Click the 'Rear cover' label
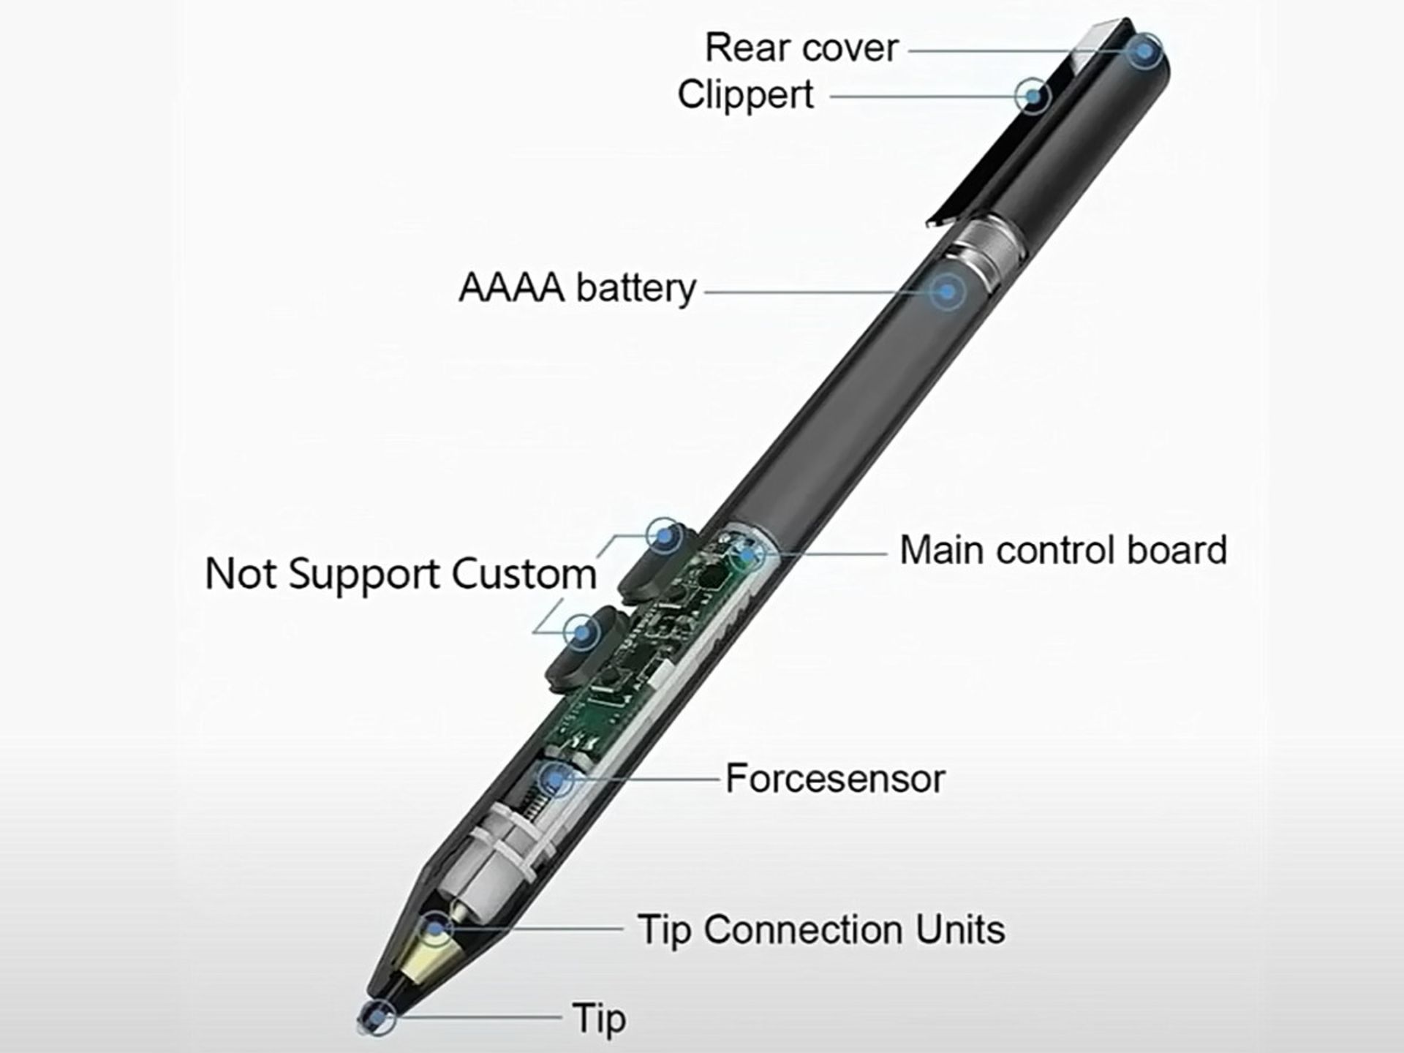point(801,49)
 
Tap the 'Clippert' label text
point(745,95)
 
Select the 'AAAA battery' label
point(577,287)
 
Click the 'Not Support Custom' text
point(401,574)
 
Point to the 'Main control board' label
point(1063,551)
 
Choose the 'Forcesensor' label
point(834,779)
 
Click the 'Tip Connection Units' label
point(820,930)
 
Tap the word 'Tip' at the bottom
point(599,1019)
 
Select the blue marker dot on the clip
point(1033,96)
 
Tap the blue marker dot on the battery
point(948,292)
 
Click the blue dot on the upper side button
point(664,536)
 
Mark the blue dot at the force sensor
point(557,780)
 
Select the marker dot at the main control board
point(747,554)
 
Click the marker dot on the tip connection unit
point(436,929)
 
